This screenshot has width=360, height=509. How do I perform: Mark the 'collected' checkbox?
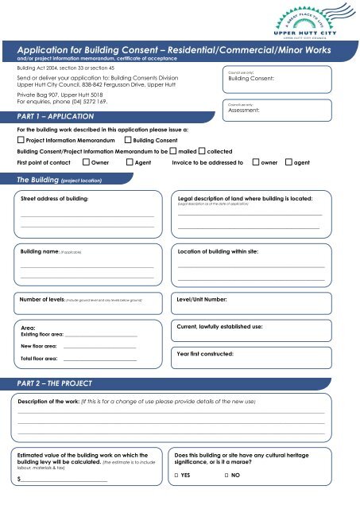click(x=202, y=150)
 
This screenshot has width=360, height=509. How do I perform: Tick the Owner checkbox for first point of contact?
click(x=87, y=161)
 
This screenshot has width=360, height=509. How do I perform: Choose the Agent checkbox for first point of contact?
click(x=130, y=161)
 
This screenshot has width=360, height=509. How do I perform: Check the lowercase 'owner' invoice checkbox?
click(x=255, y=161)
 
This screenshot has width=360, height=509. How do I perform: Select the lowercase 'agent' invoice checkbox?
click(x=288, y=161)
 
